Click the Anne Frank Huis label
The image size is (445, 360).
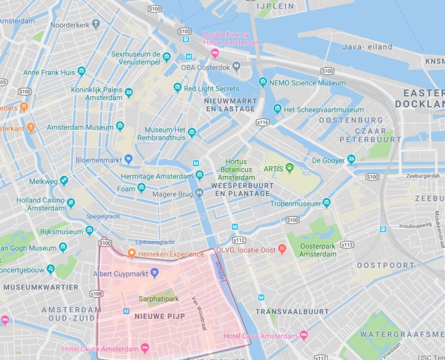pos(49,72)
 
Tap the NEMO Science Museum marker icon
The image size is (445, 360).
pos(263,82)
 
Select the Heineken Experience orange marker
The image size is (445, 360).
pos(132,254)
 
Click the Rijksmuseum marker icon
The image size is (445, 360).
pos(89,232)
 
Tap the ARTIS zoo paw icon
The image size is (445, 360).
pos(289,167)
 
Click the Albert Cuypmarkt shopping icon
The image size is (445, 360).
pos(155,272)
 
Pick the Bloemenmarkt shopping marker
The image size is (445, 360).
pos(128,159)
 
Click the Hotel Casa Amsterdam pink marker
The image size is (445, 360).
pos(303,335)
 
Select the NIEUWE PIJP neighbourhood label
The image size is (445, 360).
pos(159,316)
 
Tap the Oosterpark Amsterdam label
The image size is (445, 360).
pos(318,249)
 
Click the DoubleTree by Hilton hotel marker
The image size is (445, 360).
pos(214,53)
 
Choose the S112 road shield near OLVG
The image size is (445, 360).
pos(239,240)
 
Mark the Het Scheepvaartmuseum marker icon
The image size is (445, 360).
pos(278,109)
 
